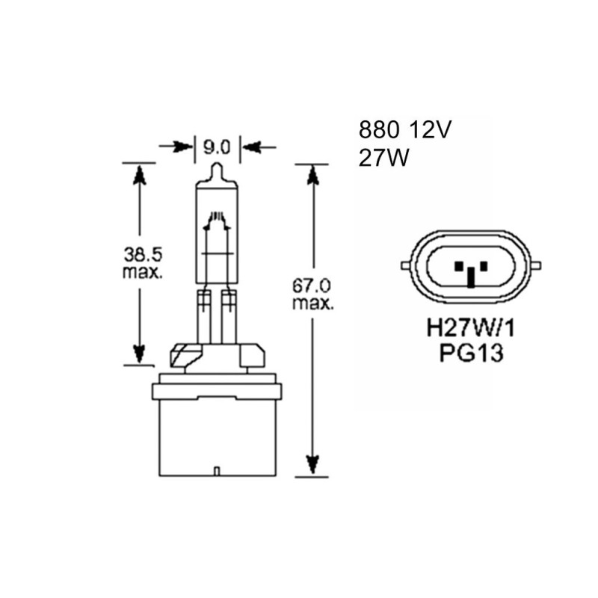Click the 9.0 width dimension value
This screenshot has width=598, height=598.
pos(217,147)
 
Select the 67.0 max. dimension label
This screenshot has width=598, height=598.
pos(312,295)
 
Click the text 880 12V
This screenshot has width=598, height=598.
pos(404,130)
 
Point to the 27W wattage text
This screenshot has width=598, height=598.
pos(383,158)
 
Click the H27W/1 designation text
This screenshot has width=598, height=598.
pos(471,328)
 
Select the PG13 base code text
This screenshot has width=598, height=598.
pos(472,353)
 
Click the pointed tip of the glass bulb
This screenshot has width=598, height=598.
pos(217,164)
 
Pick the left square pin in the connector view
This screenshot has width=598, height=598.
pos(458,266)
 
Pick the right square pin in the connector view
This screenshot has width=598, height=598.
pos(484,266)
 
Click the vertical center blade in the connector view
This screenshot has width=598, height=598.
pos(472,277)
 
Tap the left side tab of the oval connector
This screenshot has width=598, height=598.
pos(405,265)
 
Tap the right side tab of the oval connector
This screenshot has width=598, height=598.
pos(537,265)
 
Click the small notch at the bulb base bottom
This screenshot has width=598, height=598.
pos(217,472)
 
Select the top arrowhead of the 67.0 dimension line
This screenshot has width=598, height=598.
pos(312,176)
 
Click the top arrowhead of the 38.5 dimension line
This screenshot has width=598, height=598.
pos(139,175)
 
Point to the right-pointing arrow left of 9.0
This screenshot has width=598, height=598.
pos(176,147)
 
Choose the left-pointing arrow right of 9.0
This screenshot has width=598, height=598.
pos(259,147)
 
